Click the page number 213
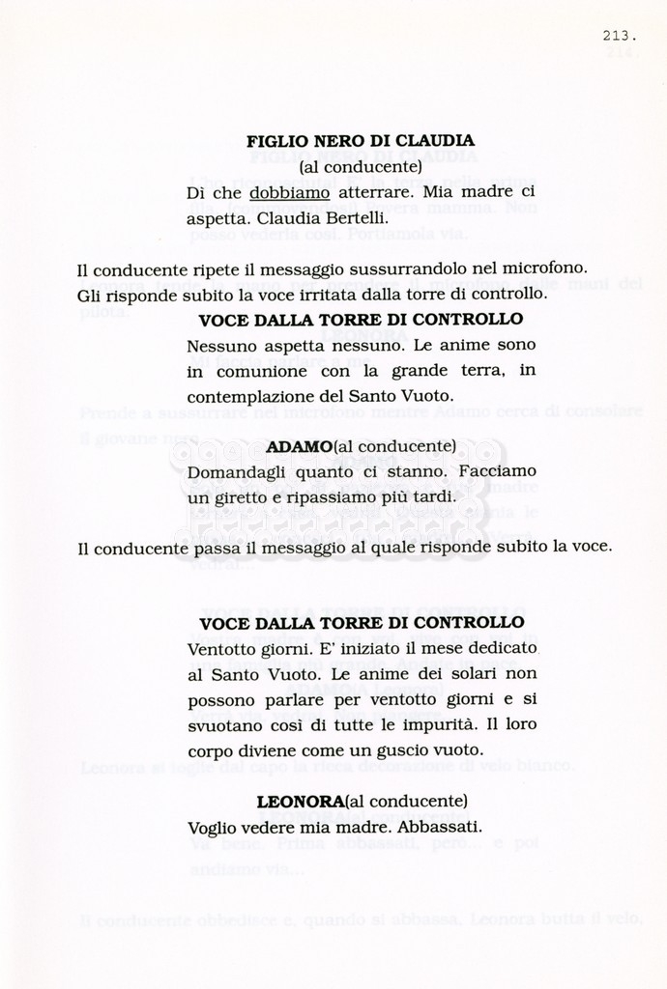point(619,36)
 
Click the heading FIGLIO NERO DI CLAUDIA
point(360,141)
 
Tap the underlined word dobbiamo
point(289,193)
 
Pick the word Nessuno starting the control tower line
point(219,345)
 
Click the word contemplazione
point(248,396)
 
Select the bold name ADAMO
point(299,446)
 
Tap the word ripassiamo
point(337,497)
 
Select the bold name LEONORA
point(301,802)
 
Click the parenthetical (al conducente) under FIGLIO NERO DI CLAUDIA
point(361,167)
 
